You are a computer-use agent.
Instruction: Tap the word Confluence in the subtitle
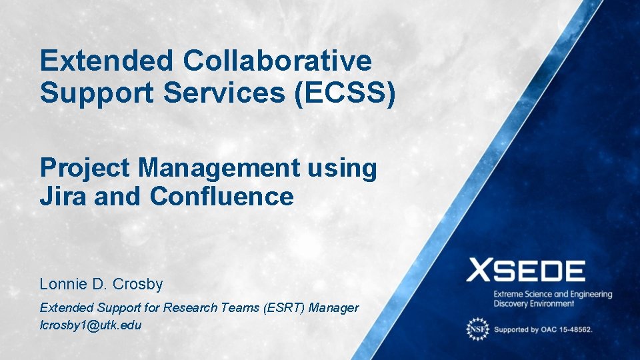coord(221,197)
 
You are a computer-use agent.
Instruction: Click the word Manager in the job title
coord(337,308)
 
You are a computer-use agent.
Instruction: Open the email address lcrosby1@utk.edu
coord(91,325)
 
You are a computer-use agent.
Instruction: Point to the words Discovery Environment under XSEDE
coord(533,304)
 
